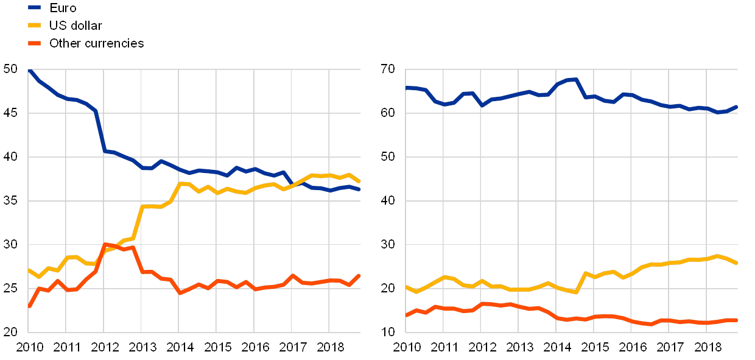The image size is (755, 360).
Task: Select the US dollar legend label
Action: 76,26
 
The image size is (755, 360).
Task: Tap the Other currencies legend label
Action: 97,43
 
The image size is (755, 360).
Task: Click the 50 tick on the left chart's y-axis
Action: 11,69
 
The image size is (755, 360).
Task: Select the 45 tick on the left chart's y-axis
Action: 11,113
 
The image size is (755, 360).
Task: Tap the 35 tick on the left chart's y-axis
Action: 11,201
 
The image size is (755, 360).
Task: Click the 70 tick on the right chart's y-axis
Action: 387,69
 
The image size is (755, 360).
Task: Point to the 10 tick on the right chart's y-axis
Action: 387,333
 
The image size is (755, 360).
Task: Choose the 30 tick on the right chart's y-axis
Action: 387,245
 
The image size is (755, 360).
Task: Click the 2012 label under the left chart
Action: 104,348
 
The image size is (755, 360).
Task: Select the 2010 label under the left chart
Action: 29,348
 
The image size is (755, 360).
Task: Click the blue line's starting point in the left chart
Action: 29,70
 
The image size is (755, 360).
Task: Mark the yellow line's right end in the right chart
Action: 737,263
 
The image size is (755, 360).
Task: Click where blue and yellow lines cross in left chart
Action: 293,183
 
